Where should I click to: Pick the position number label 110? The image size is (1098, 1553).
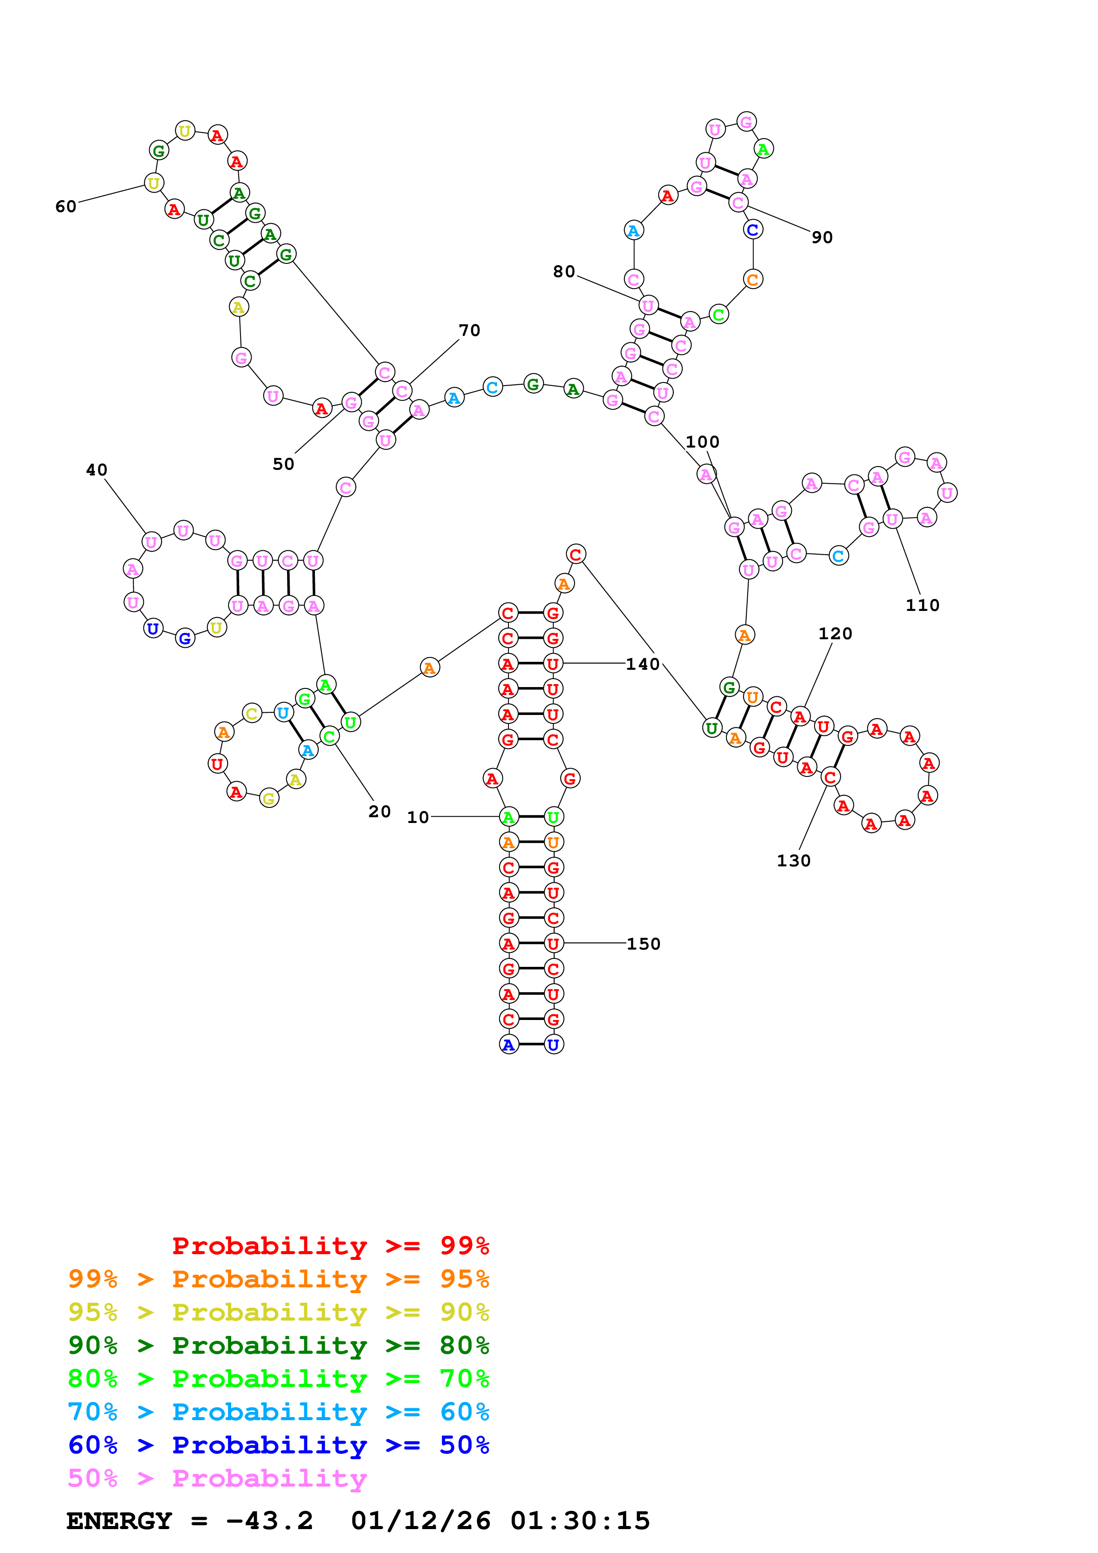pos(922,605)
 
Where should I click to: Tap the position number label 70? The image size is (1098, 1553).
pos(469,330)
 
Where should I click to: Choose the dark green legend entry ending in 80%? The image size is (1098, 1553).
pos(278,1345)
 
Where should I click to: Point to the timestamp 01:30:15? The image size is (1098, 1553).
pos(580,1521)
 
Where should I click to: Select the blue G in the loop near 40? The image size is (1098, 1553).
pos(185,638)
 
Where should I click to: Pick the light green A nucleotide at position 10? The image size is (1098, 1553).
pos(508,817)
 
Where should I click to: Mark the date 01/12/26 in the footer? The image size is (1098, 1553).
pos(420,1521)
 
